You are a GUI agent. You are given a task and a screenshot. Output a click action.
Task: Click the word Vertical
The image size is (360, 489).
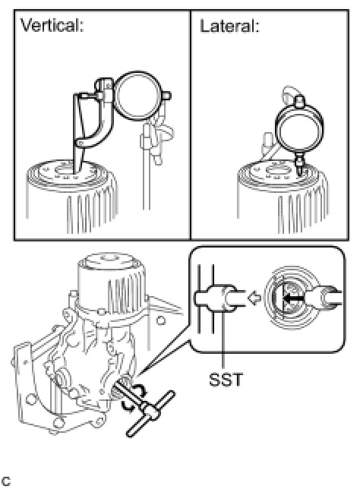pos(52,25)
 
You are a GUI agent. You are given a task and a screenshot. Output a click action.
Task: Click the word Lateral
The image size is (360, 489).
pos(229,26)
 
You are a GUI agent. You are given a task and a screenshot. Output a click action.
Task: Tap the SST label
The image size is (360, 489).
pos(226,380)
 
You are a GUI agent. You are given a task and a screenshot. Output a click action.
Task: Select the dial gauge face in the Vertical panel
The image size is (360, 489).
pos(136,96)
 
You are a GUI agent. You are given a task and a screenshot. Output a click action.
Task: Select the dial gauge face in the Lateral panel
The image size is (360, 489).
pos(299,129)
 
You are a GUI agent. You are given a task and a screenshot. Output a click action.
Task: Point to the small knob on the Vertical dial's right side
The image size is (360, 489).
pos(166,96)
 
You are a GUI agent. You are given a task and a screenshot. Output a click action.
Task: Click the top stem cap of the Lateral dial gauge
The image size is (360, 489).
pos(300,101)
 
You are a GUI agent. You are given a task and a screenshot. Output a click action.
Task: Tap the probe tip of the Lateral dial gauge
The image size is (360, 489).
pos(300,172)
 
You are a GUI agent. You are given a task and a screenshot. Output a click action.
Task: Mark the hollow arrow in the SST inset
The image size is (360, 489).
pos(254,298)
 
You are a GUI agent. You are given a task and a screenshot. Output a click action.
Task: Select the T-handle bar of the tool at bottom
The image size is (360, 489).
pos(150,414)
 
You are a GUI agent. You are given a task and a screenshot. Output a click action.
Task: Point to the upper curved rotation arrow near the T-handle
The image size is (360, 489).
pos(139,390)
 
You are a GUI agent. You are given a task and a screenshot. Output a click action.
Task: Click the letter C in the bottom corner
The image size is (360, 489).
pos(6,481)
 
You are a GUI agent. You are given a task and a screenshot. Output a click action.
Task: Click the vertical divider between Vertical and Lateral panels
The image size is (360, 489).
pos(191,125)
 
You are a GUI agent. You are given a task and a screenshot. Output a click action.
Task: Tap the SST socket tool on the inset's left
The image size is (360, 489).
pos(219,298)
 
